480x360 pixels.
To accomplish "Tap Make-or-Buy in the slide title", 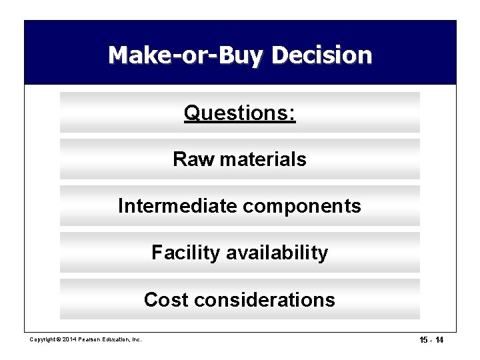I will coord(189,54).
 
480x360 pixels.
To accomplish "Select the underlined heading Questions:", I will coord(240,113).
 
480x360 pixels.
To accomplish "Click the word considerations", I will coord(263,300).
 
